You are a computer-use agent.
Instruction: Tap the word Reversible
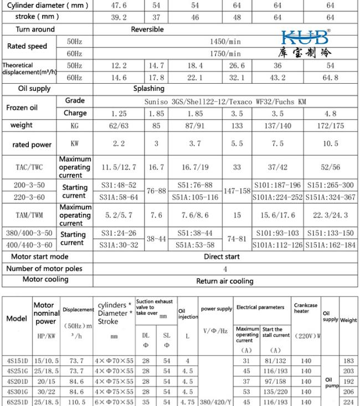[x=147, y=29]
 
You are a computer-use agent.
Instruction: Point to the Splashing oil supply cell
[x=149, y=89]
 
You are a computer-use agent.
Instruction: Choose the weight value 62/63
[x=119, y=126]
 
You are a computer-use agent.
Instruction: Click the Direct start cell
[x=222, y=257]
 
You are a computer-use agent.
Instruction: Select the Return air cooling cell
[x=225, y=281]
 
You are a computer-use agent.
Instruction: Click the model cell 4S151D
[x=17, y=361]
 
